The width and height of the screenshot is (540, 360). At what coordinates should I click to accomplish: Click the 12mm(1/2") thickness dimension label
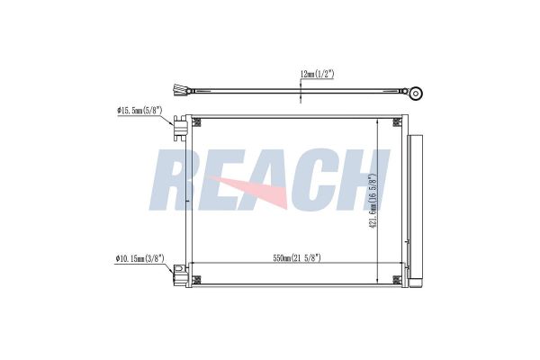click(317, 74)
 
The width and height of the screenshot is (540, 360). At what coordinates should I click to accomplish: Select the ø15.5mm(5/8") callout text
click(139, 111)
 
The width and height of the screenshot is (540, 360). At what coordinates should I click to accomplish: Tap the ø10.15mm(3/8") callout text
click(140, 258)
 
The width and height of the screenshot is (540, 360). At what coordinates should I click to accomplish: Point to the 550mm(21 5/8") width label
click(297, 258)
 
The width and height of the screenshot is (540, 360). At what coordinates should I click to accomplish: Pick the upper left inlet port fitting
click(180, 128)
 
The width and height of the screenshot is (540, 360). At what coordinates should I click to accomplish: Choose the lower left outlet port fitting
click(180, 274)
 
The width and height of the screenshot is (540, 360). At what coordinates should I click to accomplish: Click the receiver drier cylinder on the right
click(415, 210)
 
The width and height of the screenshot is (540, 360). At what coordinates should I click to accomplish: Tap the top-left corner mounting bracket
click(196, 122)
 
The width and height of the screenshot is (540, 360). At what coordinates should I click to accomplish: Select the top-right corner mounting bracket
click(397, 122)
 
